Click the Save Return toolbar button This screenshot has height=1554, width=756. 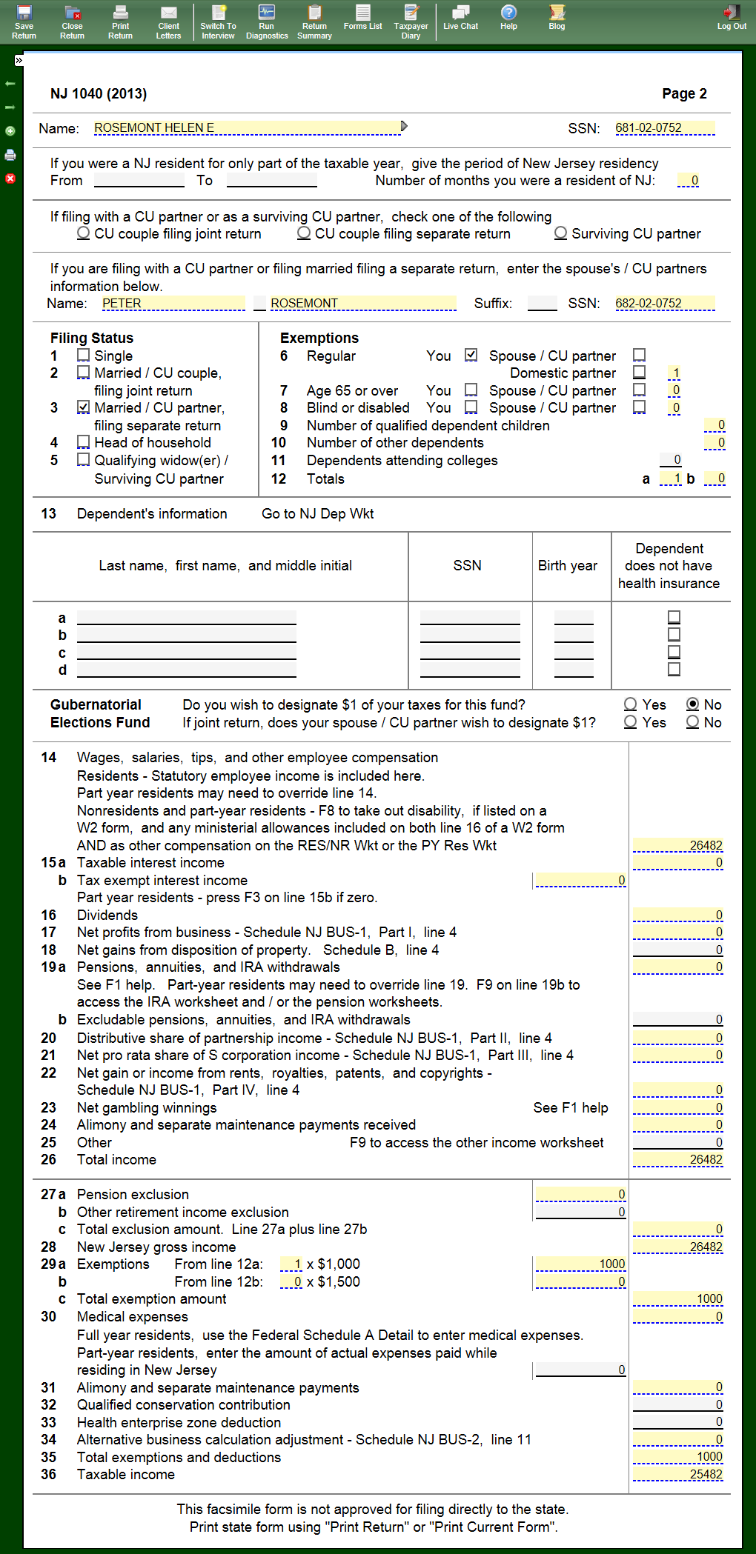point(24,21)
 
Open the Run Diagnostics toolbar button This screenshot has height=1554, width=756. point(267,21)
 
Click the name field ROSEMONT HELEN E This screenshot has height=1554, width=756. point(247,128)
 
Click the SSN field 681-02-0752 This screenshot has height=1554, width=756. point(664,128)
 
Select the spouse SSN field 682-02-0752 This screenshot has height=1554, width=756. point(664,304)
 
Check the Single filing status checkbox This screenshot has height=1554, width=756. point(84,356)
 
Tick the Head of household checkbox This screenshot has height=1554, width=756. point(84,442)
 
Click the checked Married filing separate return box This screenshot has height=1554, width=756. point(84,407)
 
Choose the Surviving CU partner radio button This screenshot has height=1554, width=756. point(561,233)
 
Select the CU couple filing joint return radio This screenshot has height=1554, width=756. point(84,233)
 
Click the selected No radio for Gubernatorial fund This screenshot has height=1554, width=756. point(693,704)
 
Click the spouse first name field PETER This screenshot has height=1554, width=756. point(173,304)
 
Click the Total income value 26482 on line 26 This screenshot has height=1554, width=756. point(678,1160)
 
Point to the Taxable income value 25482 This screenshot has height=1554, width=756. point(678,1475)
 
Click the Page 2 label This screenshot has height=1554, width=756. point(684,94)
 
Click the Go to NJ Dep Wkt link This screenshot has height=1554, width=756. point(317,514)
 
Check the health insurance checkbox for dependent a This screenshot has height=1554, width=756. point(674,617)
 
